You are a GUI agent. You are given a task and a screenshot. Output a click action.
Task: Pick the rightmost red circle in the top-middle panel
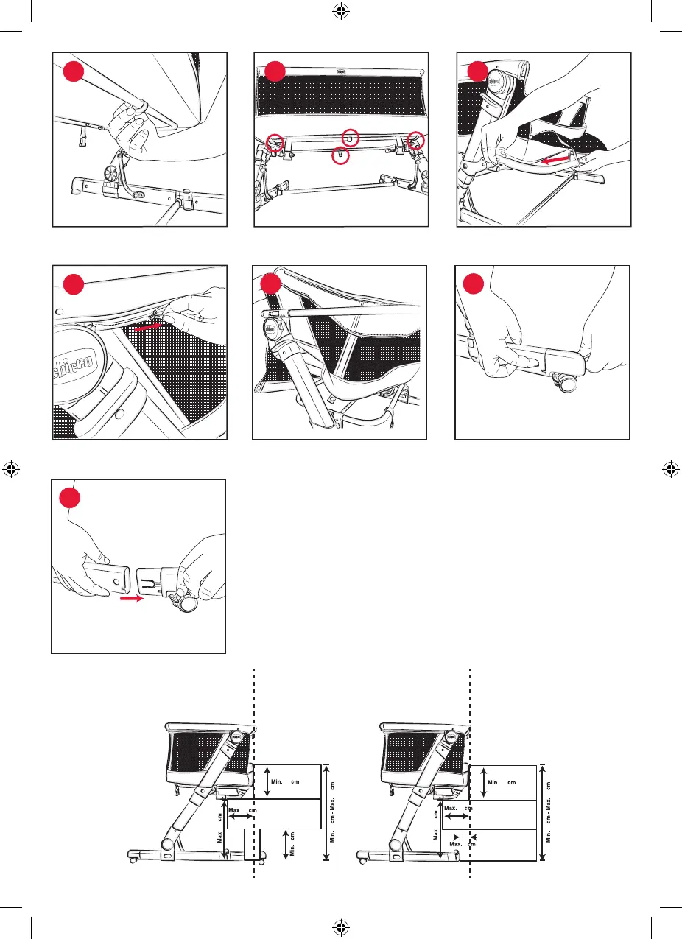417,141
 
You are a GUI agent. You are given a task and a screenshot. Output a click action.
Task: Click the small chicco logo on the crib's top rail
341,71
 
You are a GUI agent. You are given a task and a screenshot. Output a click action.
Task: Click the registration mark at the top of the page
341,12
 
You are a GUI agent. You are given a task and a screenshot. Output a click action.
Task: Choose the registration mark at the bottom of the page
341,926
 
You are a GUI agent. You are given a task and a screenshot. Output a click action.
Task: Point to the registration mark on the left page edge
11,469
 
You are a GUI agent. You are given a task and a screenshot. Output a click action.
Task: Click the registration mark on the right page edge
670,469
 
